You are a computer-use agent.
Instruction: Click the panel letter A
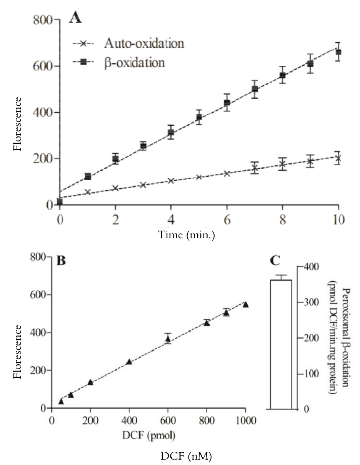(75, 18)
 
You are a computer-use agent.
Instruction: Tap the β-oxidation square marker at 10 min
(338, 52)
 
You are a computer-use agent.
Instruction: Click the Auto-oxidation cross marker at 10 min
(338, 158)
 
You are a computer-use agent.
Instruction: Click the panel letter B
(61, 261)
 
